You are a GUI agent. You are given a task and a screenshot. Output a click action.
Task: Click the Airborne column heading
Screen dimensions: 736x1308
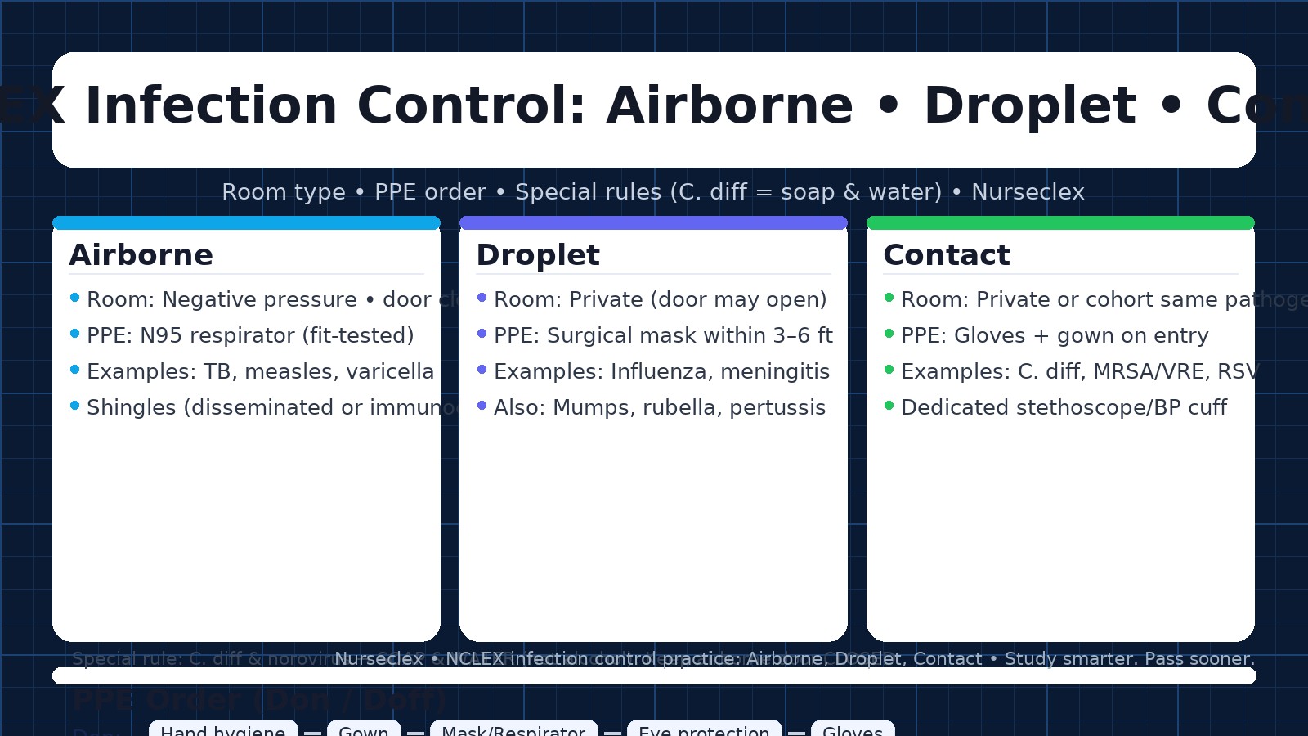point(141,255)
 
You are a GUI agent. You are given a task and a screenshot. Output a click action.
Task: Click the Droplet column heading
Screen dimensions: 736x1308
point(538,255)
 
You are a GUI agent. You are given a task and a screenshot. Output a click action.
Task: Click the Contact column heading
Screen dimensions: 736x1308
point(947,255)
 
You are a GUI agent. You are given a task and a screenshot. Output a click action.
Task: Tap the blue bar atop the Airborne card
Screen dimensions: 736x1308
point(246,222)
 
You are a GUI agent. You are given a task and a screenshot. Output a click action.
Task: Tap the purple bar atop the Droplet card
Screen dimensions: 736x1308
point(653,222)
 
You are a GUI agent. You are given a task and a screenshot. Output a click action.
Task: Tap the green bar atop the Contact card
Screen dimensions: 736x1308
point(1060,222)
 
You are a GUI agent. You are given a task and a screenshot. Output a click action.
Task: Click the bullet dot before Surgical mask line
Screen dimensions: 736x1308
point(482,334)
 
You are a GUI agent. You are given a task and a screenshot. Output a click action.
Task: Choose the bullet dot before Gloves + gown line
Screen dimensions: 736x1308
point(889,334)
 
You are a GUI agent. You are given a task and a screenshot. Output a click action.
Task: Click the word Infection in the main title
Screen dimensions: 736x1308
point(211,106)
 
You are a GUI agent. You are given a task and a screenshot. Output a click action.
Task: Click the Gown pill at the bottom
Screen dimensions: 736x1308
point(364,729)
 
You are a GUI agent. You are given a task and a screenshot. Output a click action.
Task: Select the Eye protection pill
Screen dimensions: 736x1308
point(704,729)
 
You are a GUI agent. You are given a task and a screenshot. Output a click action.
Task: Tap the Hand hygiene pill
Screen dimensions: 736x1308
point(222,729)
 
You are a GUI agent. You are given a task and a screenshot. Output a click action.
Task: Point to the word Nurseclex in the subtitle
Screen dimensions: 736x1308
point(1028,192)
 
